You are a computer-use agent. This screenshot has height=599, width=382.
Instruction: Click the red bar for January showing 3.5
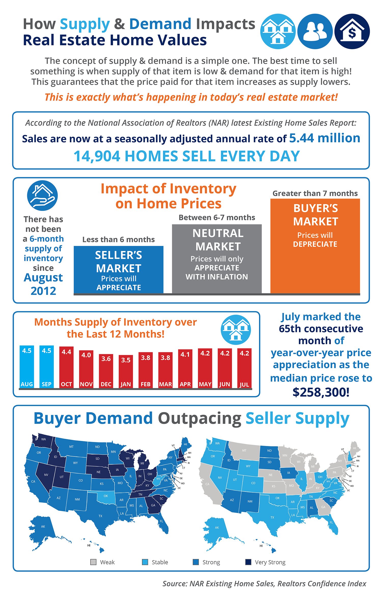point(126,372)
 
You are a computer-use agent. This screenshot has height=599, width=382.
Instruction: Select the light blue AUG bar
point(27,367)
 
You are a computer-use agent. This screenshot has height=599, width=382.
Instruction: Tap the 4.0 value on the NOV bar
point(86,355)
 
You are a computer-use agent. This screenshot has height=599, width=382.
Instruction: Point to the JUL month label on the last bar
point(244,384)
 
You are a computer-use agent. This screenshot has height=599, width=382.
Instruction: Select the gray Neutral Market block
point(217,258)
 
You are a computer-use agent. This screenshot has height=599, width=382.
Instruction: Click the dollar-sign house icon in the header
point(352,31)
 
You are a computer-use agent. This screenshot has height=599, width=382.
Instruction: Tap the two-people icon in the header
point(315,31)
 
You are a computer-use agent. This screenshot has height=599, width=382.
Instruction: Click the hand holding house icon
point(42,196)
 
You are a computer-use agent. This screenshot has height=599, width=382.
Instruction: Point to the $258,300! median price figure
point(321,392)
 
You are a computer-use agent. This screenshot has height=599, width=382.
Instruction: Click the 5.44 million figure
point(325,138)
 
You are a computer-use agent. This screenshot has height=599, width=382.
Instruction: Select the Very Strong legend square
point(248,562)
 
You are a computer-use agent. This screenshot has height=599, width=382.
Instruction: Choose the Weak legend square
point(93,562)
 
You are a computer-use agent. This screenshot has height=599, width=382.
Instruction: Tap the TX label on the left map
point(100,516)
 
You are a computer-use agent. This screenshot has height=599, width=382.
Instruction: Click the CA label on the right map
point(207,484)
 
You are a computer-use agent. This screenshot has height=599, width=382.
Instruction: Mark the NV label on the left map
point(46,475)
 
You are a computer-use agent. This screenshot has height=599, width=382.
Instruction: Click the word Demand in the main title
point(160,24)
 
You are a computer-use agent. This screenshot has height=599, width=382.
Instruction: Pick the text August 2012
point(43,284)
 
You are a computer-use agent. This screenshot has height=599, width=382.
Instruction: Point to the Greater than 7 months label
point(315,193)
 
